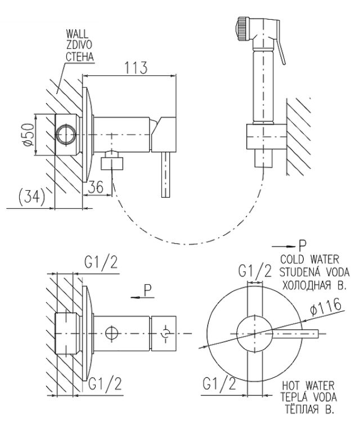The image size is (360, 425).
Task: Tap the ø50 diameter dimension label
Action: point(30,136)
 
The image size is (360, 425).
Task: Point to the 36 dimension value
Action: point(96,187)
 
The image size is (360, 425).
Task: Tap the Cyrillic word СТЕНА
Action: point(79,57)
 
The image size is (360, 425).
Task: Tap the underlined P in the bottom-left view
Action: point(147,291)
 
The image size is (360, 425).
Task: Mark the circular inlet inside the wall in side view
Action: point(66,136)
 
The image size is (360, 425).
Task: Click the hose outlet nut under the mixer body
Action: point(113,163)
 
